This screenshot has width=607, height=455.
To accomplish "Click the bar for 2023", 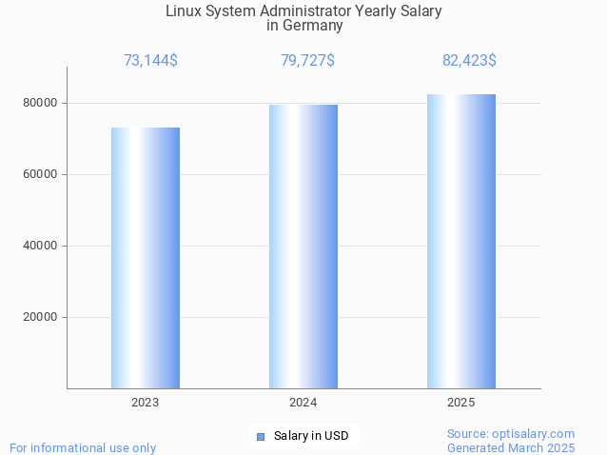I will point(146,258).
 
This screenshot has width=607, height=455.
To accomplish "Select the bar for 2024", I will point(303,247).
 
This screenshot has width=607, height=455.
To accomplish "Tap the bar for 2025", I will point(461,242).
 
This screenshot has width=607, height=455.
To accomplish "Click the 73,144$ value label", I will point(150,61).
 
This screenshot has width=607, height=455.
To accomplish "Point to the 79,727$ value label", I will point(307,61).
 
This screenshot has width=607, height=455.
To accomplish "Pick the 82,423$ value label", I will point(469,61).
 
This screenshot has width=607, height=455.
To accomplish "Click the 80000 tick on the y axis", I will point(40,103).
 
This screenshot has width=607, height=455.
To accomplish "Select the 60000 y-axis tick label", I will point(40,174).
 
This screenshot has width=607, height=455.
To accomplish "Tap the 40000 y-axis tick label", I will point(40,246).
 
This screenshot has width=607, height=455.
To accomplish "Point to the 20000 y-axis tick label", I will point(40,317).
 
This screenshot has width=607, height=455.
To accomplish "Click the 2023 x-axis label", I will point(146,403).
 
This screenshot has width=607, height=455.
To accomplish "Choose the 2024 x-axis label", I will point(303,403).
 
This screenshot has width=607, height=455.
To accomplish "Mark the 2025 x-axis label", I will point(461,403).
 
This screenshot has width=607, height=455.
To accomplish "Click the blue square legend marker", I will point(260,437).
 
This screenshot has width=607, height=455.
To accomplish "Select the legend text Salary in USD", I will point(311,436).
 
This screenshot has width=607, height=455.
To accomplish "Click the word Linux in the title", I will point(185,11).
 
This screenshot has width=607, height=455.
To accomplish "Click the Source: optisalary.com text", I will point(511,433).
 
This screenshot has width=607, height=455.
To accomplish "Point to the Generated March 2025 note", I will point(511,447).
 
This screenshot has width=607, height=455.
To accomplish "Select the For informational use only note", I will point(83,447).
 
